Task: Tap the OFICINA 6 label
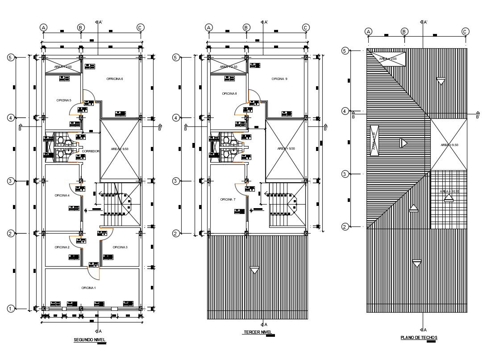pos(114,79)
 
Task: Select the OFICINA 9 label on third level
pos(279,79)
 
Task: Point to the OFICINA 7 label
pos(228,199)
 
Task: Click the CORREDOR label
pos(91,151)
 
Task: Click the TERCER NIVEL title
pos(258,332)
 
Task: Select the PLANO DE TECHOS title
pos(419,338)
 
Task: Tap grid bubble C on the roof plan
pos(465,31)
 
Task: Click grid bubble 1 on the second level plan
pos(11,309)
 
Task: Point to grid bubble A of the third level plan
pos(208,28)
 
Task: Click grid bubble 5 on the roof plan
pos(345,50)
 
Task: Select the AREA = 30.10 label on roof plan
pos(449,192)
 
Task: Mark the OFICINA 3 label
pos(120,247)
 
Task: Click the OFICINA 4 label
pos(62,195)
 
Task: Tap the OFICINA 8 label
pos(229,93)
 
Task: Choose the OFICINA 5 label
pos(64,100)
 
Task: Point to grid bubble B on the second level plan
pos(81,28)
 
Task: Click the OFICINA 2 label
pos(62,247)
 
